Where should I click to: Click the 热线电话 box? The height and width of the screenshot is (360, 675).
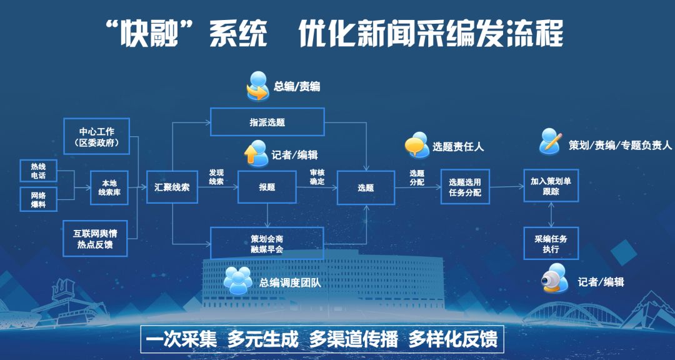(38, 171)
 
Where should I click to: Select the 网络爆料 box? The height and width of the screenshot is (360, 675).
(38, 199)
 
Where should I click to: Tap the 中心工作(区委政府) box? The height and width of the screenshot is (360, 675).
(96, 136)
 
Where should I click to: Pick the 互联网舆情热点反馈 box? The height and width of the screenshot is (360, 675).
(95, 238)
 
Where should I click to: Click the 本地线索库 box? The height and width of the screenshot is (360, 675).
(109, 187)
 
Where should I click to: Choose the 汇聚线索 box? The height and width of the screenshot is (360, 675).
(172, 187)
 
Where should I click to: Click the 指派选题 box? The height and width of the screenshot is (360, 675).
(267, 122)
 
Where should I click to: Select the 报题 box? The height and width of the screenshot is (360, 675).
(267, 187)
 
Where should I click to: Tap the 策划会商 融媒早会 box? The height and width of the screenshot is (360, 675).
(267, 243)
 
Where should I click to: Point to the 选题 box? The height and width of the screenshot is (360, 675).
(366, 187)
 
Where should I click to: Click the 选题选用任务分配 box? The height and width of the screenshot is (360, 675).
(465, 186)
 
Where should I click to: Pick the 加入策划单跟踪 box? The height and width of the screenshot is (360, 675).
(551, 186)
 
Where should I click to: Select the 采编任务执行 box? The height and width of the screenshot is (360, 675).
(551, 243)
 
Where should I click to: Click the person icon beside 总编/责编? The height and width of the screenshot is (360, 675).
(258, 86)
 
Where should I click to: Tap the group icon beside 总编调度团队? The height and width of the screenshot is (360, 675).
(238, 281)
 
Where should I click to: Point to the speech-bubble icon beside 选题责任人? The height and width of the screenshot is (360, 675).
(417, 145)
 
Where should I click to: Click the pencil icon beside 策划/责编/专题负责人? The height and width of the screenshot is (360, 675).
(551, 141)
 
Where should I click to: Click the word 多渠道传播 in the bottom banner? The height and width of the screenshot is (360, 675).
(353, 339)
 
